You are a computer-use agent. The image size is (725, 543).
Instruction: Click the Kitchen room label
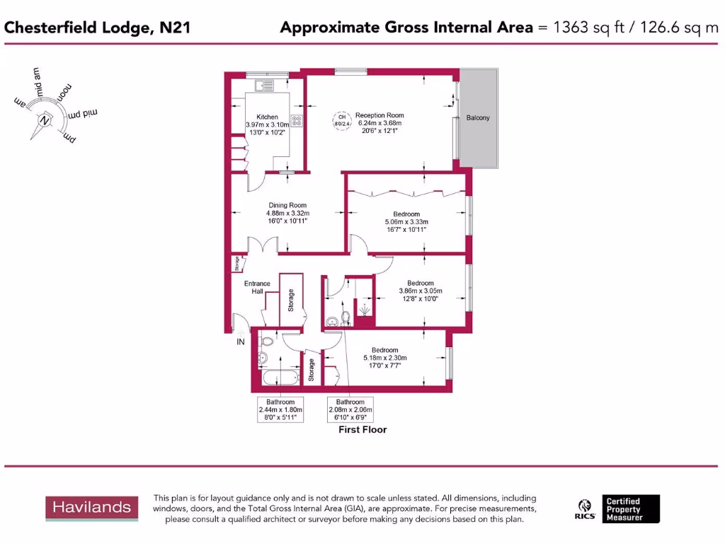coord(267,117)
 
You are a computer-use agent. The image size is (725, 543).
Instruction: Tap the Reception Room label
coord(379,115)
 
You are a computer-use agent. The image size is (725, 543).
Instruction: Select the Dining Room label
coord(287,205)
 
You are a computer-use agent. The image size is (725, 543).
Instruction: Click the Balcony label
coord(478,117)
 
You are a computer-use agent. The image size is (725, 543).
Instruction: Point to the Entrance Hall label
coord(257,287)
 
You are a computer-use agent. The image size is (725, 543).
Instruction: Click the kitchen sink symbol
coord(265,86)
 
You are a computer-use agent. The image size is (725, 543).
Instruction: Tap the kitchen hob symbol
coord(296,121)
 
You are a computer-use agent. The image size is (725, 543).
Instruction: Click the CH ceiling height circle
coord(341,120)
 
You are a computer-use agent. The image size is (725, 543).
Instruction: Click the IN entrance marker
coord(240,342)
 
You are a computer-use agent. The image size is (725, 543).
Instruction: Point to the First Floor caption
coord(362,429)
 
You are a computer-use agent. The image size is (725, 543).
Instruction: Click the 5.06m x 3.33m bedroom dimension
coord(406,221)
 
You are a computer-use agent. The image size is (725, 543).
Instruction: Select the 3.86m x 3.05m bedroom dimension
coord(421,291)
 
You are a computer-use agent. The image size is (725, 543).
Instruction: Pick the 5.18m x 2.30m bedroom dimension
coord(385,358)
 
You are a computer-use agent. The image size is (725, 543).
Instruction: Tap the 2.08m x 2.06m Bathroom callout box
coord(350,410)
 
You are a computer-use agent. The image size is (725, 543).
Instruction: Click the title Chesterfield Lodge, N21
coord(97,28)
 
